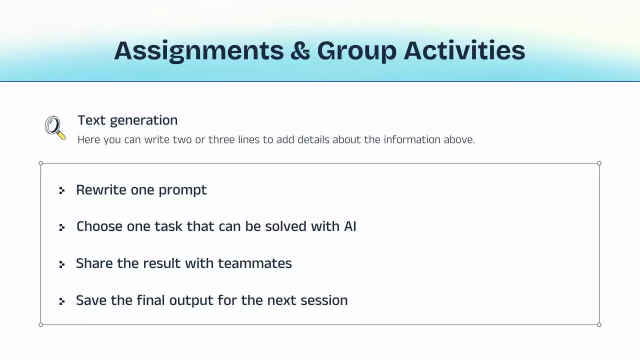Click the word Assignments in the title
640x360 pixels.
pyautogui.click(x=198, y=51)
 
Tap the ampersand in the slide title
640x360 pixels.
pyautogui.click(x=300, y=51)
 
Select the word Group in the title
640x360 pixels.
pyautogui.click(x=356, y=51)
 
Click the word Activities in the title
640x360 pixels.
pyautogui.click(x=464, y=51)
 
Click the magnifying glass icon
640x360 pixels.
pyautogui.click(x=55, y=127)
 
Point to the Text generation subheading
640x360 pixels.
pyautogui.click(x=127, y=120)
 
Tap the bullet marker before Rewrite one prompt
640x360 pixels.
pyautogui.click(x=62, y=190)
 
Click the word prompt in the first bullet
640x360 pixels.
pyautogui.click(x=182, y=190)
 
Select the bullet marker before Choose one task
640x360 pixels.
pyautogui.click(x=62, y=227)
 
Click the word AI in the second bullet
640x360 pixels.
pyautogui.click(x=350, y=226)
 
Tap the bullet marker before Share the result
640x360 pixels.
pyautogui.click(x=62, y=264)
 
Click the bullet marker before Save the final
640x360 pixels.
pyautogui.click(x=62, y=301)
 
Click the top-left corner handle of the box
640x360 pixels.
pyautogui.click(x=41, y=163)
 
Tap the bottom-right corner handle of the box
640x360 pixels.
pyautogui.click(x=599, y=324)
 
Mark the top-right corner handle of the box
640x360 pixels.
pyautogui.click(x=599, y=163)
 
